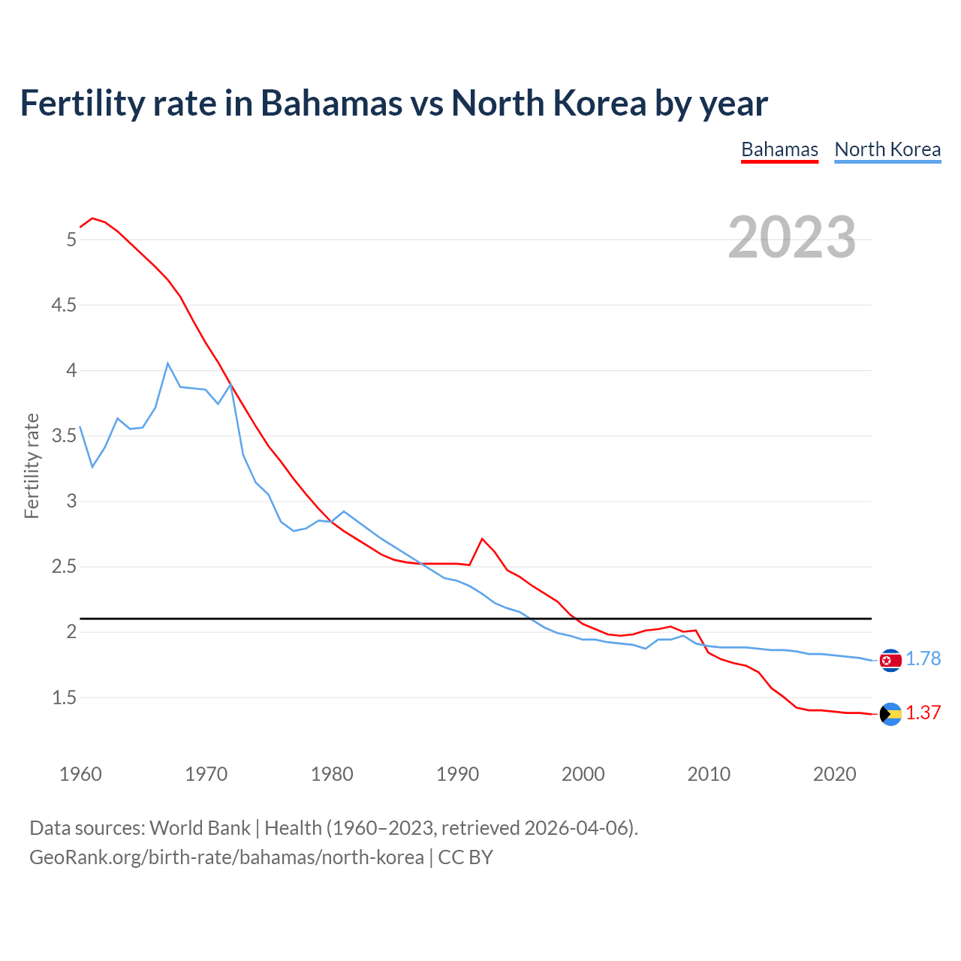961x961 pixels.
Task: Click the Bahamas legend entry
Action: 779,149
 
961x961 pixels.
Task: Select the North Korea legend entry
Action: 887,149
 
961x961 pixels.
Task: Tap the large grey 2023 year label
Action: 792,237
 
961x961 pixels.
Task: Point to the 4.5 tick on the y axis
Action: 64,305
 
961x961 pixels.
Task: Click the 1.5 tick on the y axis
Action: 64,697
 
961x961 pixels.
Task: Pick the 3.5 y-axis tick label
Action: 64,435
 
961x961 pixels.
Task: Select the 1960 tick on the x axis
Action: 80,774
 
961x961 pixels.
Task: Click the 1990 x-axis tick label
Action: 457,774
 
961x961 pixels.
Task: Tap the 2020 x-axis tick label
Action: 834,774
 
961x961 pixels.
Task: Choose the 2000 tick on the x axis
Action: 583,774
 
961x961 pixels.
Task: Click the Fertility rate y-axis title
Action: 32,465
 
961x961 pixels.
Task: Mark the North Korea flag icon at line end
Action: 890,660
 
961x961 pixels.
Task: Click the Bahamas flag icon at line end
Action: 890,714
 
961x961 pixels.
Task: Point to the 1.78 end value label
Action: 923,658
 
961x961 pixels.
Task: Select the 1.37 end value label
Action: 923,712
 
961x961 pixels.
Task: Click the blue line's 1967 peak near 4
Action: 167,363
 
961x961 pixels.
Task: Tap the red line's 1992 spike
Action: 482,539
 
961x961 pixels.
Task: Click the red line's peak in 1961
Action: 92,218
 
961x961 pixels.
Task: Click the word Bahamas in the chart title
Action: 331,103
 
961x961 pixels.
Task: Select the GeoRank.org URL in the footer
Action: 226,857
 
